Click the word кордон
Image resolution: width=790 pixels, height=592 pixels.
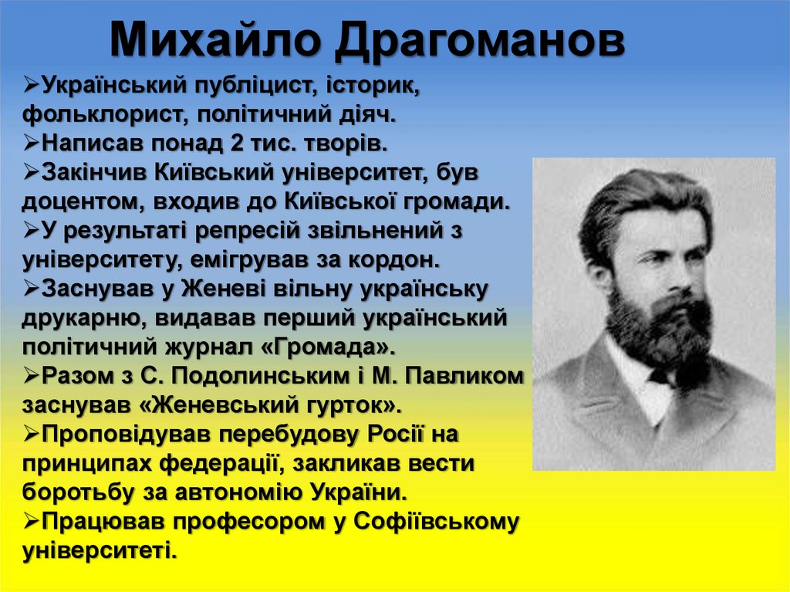pos(400,259)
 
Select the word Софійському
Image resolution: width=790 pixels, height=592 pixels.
pos(436,521)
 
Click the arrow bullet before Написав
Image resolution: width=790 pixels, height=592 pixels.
pos(32,143)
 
